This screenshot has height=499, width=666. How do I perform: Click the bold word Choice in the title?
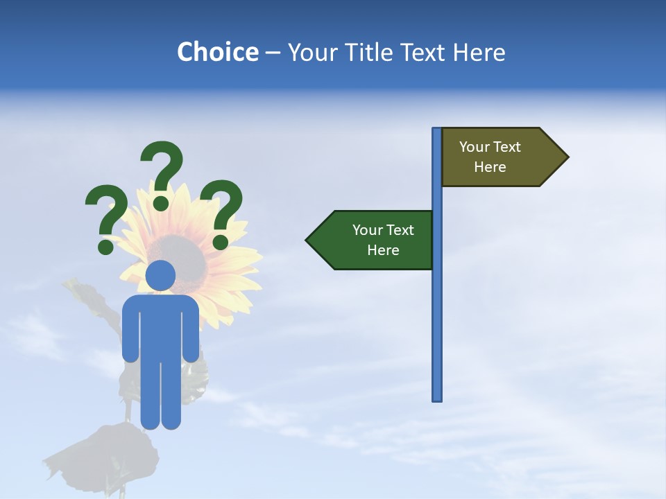click(x=217, y=52)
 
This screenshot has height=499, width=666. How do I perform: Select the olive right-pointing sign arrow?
click(x=499, y=157)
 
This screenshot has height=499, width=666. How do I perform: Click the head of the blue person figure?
click(x=161, y=275)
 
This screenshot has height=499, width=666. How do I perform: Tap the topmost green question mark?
click(x=162, y=166)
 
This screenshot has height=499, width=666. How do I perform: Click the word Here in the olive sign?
click(x=490, y=167)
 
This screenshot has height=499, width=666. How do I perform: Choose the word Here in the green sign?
click(x=383, y=250)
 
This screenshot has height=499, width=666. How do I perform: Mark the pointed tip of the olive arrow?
click(x=567, y=157)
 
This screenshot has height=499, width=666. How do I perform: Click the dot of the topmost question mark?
click(x=161, y=202)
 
